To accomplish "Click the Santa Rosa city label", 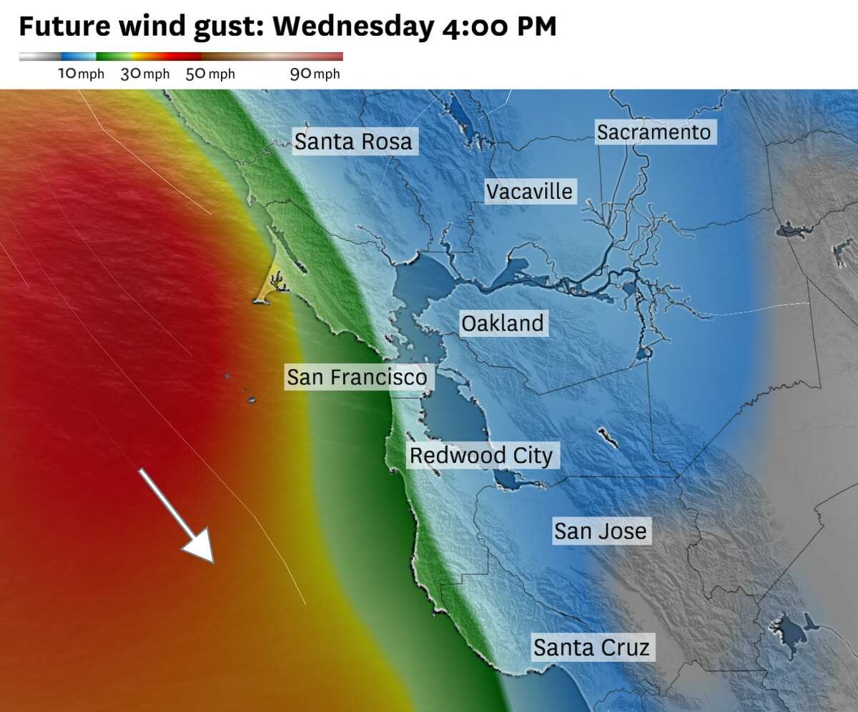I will click(x=353, y=142).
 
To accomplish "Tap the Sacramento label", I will click(x=654, y=132).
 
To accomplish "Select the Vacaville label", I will click(x=529, y=191).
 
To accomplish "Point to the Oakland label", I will click(x=502, y=323).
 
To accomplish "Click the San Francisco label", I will click(x=357, y=376).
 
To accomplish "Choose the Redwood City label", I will click(x=480, y=455).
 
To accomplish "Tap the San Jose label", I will click(x=600, y=531).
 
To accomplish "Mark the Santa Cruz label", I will click(x=591, y=648).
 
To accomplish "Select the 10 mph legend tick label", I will click(x=81, y=74).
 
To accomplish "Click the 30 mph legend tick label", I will click(x=144, y=74).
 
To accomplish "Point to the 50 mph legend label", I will click(x=209, y=74).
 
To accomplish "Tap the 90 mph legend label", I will click(x=315, y=74).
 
